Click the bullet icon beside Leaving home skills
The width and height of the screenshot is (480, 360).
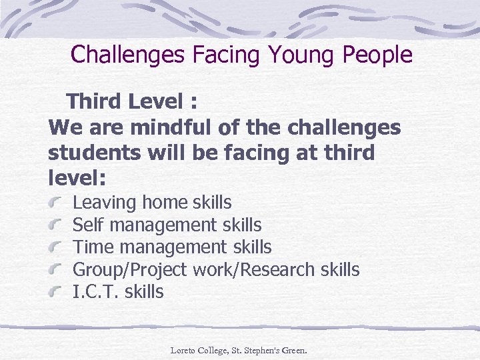coord(57,202)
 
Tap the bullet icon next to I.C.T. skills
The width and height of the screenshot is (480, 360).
coord(57,292)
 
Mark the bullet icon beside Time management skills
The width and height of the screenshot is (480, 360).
coord(57,247)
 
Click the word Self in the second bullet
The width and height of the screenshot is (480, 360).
coord(85,225)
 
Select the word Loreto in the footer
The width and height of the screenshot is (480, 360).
coord(184,349)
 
